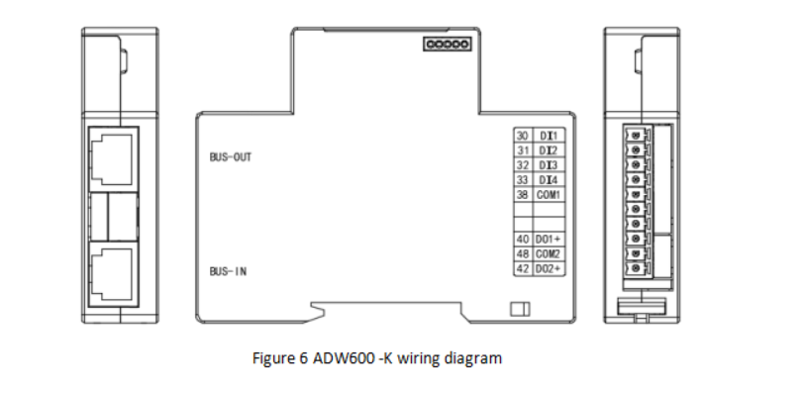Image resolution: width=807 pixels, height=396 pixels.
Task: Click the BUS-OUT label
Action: point(231,156)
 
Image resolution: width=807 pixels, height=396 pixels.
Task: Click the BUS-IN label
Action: point(228,269)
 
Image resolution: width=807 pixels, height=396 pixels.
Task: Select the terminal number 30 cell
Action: point(523,135)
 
